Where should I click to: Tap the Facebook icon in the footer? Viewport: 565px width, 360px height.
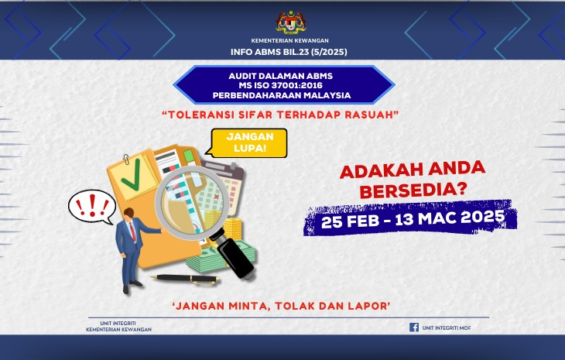(414, 327)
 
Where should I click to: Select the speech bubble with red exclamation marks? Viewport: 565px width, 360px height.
(91, 206)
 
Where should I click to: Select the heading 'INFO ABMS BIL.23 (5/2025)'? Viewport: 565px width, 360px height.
(290, 52)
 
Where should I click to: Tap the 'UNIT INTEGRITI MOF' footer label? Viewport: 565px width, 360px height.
(450, 327)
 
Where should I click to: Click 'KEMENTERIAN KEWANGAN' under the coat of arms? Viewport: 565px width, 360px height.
(290, 39)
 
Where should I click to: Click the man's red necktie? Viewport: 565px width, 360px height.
(133, 230)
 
